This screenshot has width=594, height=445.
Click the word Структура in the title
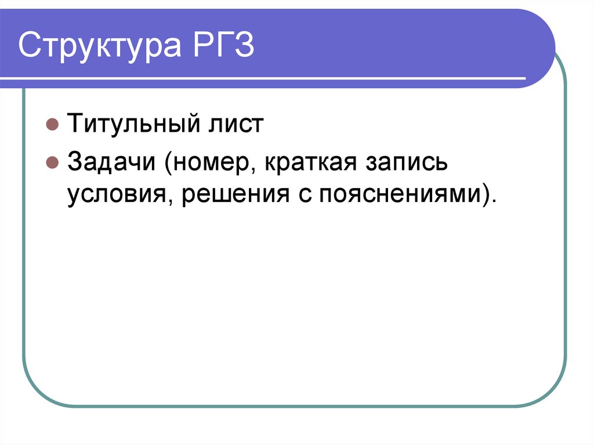(x=96, y=47)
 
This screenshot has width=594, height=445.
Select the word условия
(x=117, y=194)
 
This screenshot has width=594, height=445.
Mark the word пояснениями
(x=398, y=194)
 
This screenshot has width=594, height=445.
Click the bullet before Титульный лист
(x=52, y=125)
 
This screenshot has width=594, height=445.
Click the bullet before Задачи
(x=52, y=163)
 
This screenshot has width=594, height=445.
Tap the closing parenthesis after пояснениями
(x=484, y=194)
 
